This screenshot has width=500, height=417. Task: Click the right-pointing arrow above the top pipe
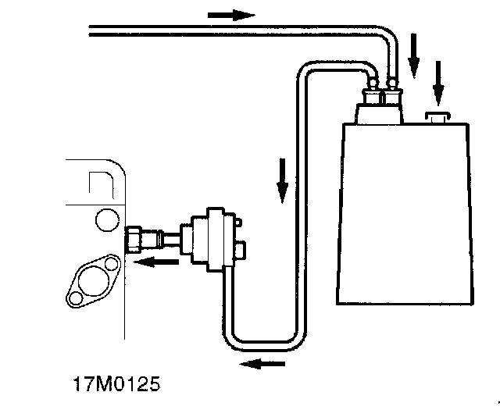[232, 15]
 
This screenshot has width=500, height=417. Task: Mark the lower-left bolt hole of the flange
[75, 298]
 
